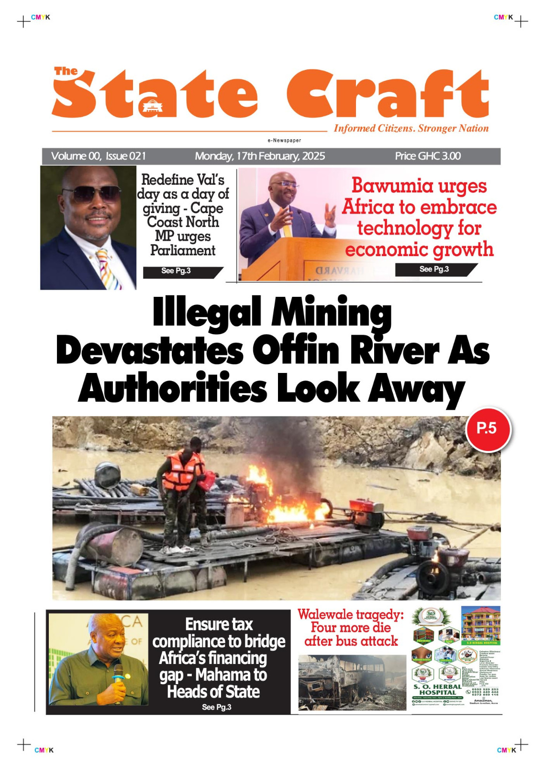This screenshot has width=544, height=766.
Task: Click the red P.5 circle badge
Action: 488,429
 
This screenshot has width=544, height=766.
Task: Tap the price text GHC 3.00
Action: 427,156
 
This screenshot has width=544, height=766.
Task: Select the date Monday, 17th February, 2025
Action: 259,156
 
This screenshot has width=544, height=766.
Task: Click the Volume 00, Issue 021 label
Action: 98,156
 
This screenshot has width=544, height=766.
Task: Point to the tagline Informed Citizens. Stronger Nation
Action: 411,128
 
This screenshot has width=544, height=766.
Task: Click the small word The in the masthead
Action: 66,71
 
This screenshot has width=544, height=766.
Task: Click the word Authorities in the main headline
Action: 172,389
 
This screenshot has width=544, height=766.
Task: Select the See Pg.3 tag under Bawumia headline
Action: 434,269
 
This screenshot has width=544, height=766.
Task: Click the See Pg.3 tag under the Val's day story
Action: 176,271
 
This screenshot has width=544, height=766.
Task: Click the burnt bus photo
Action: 352,682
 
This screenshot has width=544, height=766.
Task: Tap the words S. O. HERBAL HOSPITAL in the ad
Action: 437,689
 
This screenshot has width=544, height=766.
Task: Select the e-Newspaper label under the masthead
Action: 284,140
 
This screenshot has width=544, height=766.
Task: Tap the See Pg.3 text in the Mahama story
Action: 216,707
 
